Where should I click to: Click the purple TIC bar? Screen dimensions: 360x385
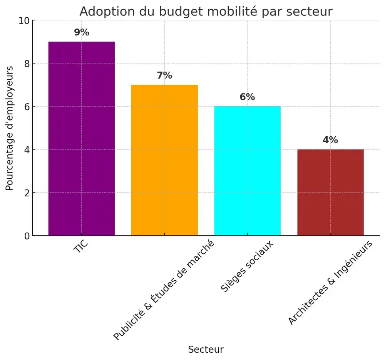coord(82,139)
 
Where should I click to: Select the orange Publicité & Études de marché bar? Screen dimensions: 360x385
coord(164,160)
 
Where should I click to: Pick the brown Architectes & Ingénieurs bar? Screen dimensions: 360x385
coord(330,192)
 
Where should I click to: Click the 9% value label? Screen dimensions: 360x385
coord(82,32)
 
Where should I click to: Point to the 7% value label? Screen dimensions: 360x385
coord(164,75)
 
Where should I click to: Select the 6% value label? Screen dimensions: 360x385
coord(247,97)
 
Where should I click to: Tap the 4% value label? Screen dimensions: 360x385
coord(330,140)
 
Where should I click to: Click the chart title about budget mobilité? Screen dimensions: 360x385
coord(206,12)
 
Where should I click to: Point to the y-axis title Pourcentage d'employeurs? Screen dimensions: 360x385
coord(10,128)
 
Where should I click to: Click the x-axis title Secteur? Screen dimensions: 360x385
coord(206,350)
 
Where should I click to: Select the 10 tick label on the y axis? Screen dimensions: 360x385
coord(23,20)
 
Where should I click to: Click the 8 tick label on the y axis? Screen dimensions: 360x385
coord(26,64)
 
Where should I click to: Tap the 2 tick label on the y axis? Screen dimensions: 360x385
coord(26,193)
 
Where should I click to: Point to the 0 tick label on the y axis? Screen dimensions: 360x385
coord(26,236)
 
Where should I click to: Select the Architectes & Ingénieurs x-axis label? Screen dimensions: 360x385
coord(330,283)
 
